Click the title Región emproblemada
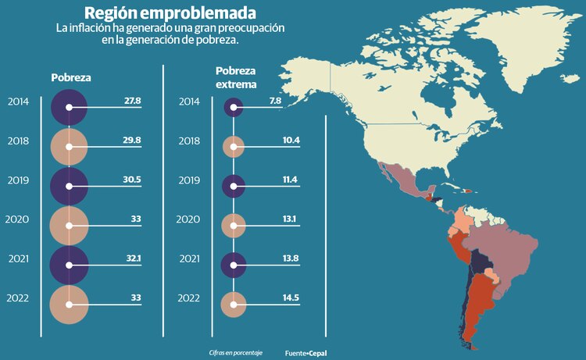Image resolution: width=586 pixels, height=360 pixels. coord(169,13)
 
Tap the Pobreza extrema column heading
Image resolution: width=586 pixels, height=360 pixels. coord(235,77)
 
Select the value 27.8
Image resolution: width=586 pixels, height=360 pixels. coord(132,101)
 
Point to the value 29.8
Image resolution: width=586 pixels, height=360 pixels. coord(132,140)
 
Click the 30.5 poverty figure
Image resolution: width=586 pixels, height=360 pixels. coord(132,179)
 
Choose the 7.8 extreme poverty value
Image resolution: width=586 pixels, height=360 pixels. coord(274,101)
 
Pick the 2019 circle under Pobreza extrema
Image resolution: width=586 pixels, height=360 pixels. coord(234,186)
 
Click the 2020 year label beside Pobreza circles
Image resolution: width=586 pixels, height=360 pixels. coord(17,219)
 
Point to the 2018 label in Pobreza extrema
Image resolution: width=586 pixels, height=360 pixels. coord(189,141)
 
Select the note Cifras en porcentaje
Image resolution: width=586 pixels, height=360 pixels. coord(236,353)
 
